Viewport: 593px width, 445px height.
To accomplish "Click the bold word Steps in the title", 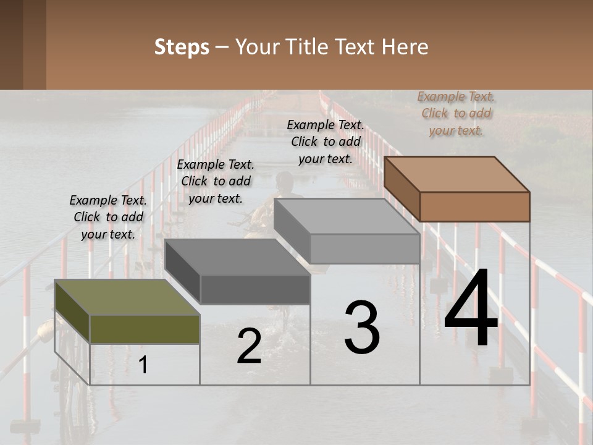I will click(182, 47).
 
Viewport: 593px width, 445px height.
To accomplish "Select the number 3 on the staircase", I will click(362, 328).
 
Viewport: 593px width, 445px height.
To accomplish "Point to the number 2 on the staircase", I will click(249, 346).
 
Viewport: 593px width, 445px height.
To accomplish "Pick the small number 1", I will click(143, 365).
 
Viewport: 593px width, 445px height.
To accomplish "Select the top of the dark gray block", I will click(238, 256).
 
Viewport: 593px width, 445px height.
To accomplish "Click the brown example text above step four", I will click(456, 113).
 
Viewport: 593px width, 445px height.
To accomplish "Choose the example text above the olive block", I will click(108, 217).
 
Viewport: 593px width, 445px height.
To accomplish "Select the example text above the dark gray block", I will click(216, 181).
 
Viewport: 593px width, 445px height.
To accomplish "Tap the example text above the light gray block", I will click(326, 142).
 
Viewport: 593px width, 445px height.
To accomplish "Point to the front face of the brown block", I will click(474, 206).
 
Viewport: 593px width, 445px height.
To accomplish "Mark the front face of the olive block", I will click(145, 329).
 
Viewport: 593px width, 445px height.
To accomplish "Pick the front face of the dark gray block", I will click(255, 289).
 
